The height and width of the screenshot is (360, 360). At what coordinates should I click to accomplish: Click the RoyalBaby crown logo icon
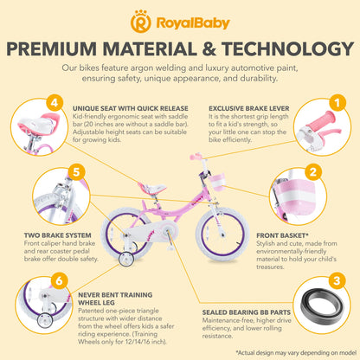(141, 22)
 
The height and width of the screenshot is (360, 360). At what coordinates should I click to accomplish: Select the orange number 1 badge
(337, 102)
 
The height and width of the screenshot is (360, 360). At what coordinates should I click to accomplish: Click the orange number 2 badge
(313, 172)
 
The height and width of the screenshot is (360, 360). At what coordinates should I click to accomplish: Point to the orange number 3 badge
(337, 281)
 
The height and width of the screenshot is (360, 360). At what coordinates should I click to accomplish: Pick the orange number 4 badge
(55, 102)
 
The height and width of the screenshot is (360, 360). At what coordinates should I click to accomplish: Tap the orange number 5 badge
(76, 172)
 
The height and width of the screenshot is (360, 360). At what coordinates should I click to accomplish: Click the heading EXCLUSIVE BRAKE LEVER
(249, 109)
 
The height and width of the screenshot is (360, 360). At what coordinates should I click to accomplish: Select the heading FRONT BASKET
(283, 235)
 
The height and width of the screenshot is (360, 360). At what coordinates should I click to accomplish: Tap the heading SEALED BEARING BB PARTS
(247, 312)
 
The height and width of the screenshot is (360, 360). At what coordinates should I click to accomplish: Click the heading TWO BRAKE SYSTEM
(58, 235)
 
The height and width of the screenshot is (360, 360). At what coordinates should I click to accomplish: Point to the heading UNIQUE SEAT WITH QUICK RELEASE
(131, 109)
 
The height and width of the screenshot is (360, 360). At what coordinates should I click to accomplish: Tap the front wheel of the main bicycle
(222, 234)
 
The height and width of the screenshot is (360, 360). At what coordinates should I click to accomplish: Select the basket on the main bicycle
(217, 181)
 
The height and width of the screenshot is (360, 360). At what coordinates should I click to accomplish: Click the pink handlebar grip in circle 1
(322, 120)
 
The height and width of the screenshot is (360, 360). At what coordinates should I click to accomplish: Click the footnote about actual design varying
(296, 352)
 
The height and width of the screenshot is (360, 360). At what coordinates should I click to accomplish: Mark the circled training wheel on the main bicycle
(126, 259)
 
